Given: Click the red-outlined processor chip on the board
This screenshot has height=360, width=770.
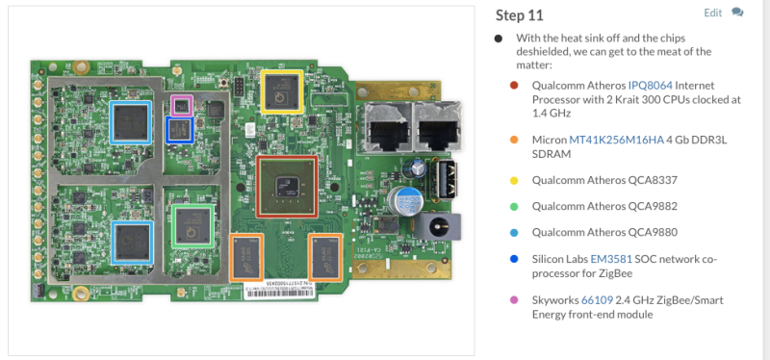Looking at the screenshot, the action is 287,186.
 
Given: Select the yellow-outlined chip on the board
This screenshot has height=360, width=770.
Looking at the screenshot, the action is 282,91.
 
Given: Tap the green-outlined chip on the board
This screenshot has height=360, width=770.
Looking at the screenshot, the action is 193,226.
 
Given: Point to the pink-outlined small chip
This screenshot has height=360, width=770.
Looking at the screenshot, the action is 182,105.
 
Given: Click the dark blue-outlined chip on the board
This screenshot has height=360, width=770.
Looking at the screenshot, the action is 180,130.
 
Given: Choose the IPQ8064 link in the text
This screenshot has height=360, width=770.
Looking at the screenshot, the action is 651,86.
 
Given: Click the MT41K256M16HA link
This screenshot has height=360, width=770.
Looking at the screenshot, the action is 616,140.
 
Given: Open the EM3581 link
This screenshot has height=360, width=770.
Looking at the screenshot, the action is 611,259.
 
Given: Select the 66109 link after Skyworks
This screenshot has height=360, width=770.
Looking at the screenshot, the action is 597,299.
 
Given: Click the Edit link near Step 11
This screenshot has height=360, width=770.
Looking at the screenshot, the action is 712,13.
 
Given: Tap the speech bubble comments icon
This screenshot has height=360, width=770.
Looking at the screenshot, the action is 737,13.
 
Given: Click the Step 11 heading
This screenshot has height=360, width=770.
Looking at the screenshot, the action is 519,15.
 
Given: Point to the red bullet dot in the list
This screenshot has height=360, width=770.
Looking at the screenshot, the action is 514,86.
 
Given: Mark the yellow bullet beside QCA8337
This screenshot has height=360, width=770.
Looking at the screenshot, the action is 514,180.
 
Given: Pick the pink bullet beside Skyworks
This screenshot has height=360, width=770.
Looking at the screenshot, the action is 514,299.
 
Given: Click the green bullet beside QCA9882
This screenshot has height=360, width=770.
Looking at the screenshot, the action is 514,206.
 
